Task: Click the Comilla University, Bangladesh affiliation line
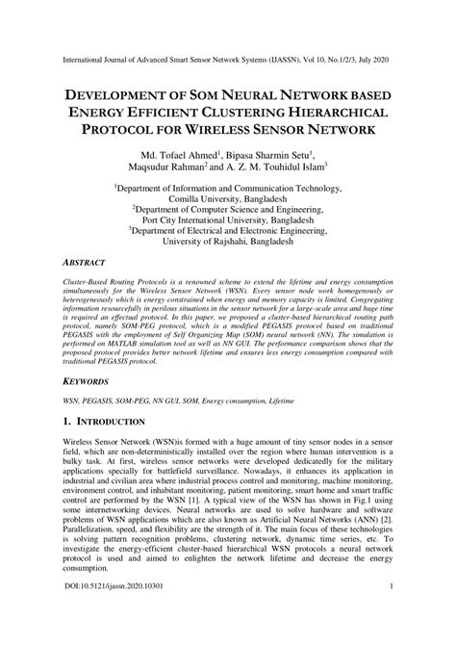click(x=228, y=205)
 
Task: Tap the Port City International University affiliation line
click(x=228, y=232)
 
